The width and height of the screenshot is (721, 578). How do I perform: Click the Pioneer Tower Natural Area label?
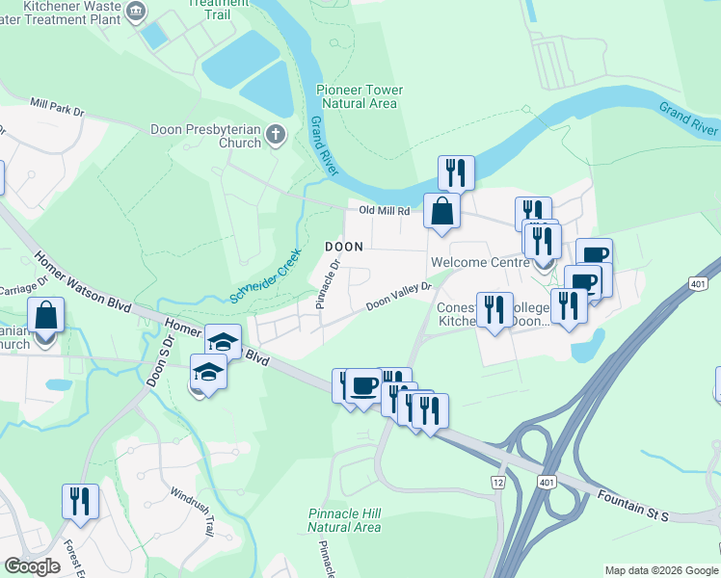coord(360,96)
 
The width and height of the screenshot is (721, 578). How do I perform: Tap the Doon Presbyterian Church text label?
coord(205,136)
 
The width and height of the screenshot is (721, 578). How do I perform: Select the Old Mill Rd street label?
coord(385,210)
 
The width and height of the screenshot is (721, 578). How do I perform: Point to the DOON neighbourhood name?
coord(343,247)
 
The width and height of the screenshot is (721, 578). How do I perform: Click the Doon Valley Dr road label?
coord(398,297)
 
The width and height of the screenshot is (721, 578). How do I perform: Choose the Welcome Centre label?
coord(475,262)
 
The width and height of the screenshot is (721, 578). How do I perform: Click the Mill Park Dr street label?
coord(57,106)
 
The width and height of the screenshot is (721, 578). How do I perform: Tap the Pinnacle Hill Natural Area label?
coord(344,520)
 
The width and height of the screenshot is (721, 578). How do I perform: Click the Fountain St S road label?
coord(631,506)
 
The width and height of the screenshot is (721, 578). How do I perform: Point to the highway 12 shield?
coord(498,482)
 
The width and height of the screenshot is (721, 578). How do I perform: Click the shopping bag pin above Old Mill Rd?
coord(441,211)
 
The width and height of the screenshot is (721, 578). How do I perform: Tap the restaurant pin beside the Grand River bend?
coord(456,173)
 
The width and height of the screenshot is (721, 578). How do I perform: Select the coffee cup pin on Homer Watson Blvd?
coord(363,387)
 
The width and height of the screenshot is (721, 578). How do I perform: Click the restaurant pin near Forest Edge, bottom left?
coord(79,502)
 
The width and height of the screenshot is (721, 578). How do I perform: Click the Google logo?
coord(32,566)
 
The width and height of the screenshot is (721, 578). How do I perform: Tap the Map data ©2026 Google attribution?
coord(661,570)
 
